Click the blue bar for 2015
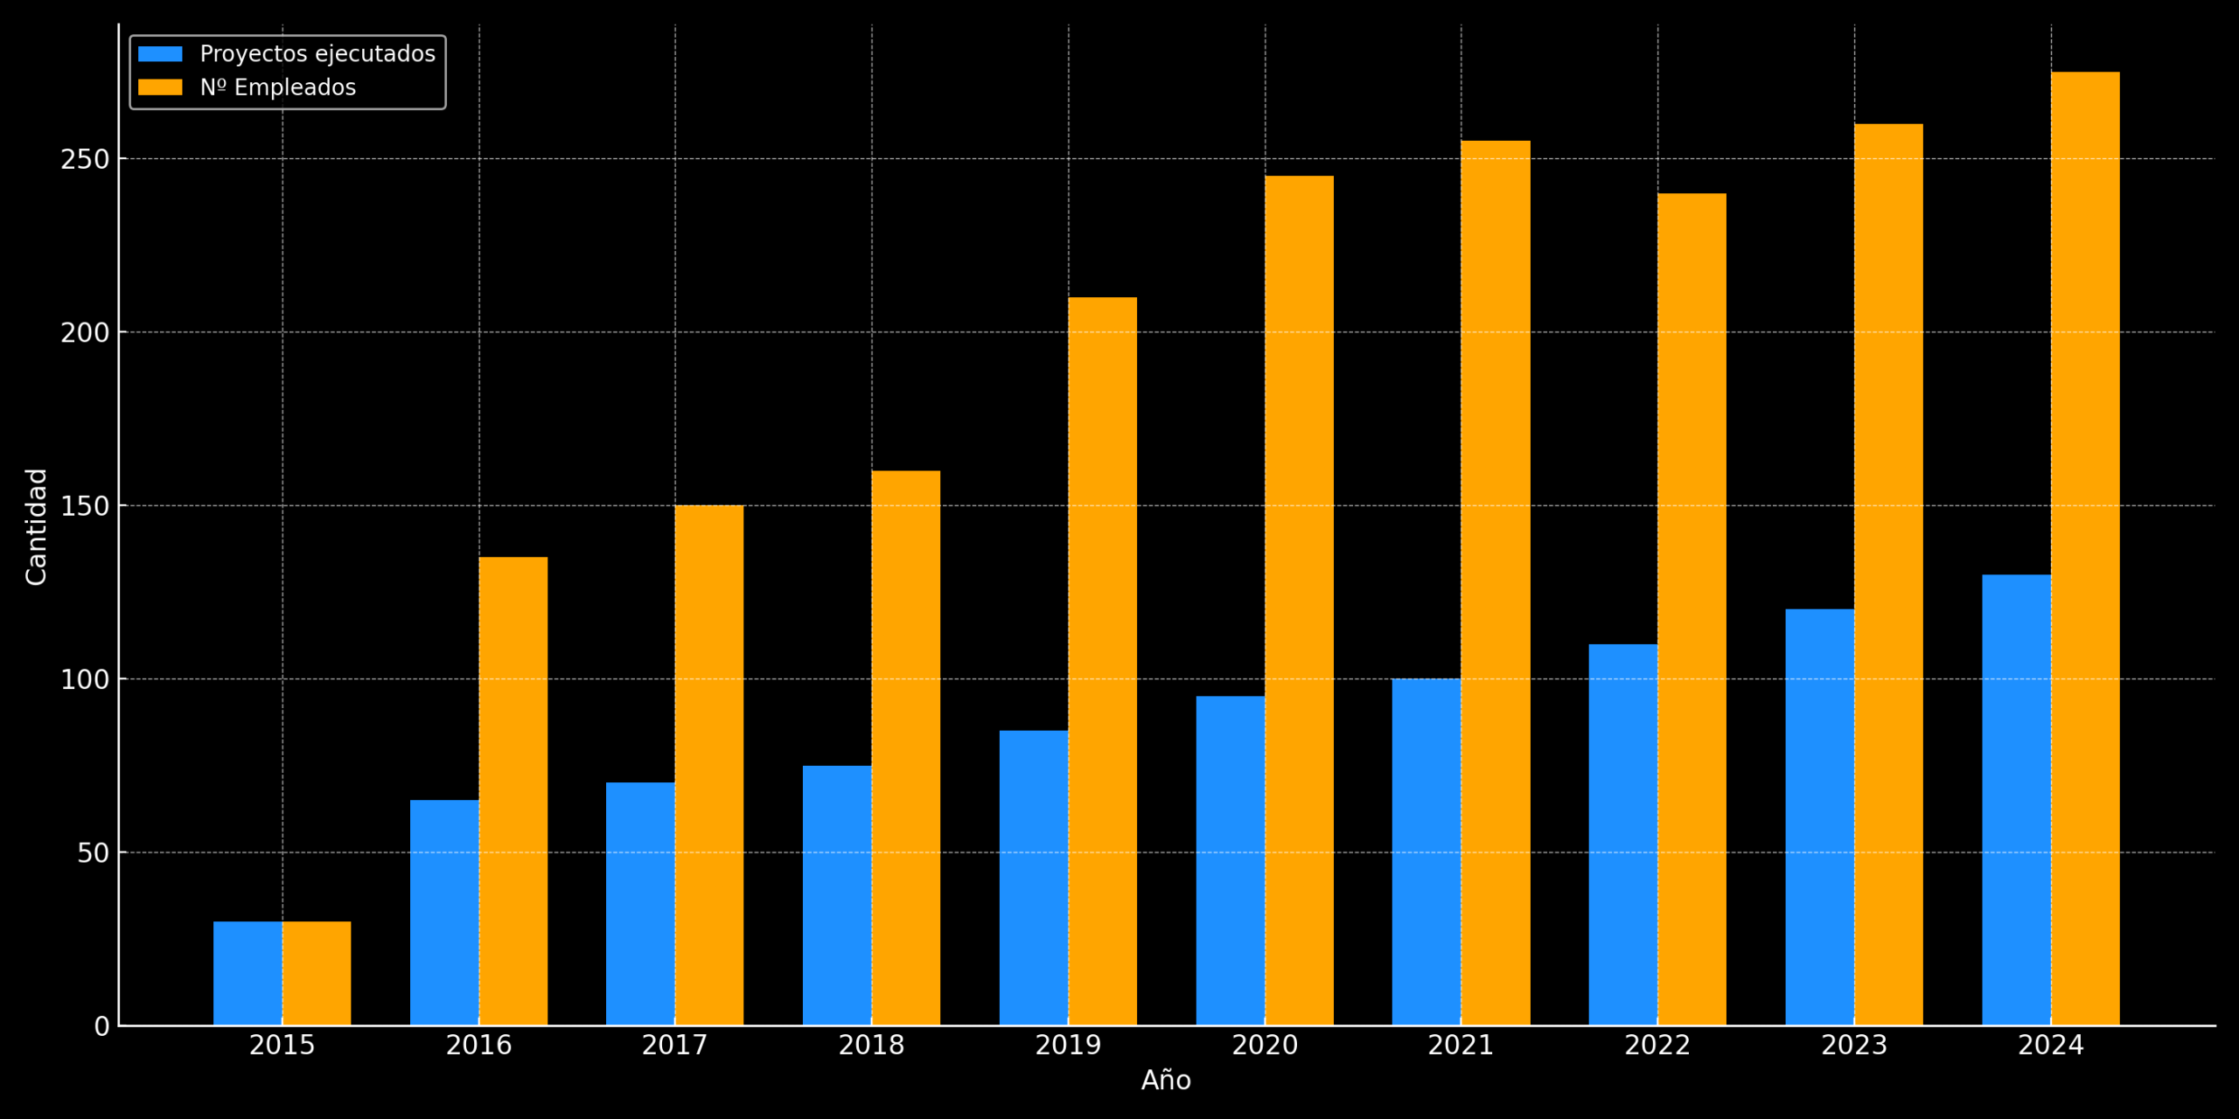point(248,973)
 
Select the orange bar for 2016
point(513,791)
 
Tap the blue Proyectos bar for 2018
point(837,895)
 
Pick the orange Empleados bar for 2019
point(1103,661)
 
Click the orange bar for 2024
point(2085,548)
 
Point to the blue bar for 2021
point(1426,851)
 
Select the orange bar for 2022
point(1691,609)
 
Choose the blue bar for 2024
point(2016,800)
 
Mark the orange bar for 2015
point(317,973)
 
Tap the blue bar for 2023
point(1819,817)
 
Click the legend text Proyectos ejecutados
point(317,54)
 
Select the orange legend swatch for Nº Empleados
point(160,87)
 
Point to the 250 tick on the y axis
point(85,160)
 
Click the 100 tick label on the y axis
point(85,680)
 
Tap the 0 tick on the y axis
point(101,1026)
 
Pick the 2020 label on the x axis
point(1265,1046)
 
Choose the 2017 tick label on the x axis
point(674,1046)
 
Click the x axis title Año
point(1166,1081)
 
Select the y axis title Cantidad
point(37,526)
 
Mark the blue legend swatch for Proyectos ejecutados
point(160,54)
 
